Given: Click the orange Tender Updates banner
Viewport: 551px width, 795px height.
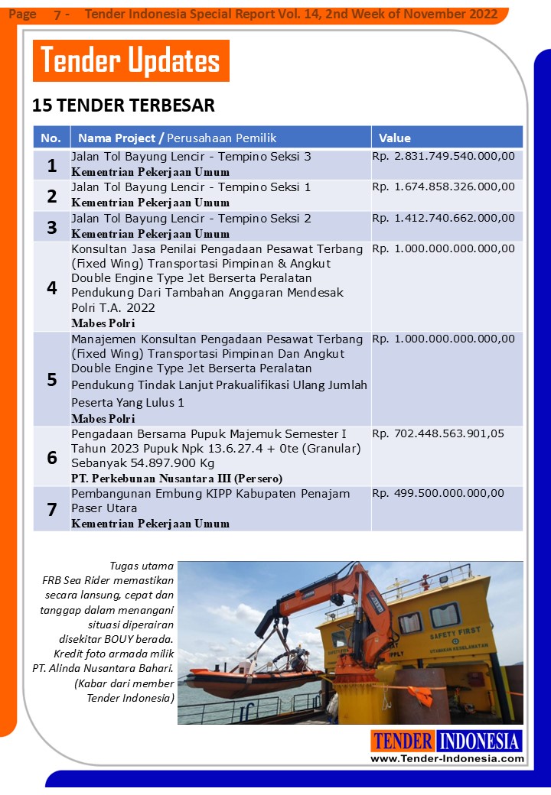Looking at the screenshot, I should pos(131,60).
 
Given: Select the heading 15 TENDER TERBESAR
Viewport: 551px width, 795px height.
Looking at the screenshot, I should pos(123,105).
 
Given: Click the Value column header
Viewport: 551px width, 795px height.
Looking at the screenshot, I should pos(395,138).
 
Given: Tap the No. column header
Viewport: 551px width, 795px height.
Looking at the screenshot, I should pos(51,138).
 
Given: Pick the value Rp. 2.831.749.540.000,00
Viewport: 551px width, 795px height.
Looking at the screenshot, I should pos(443,157).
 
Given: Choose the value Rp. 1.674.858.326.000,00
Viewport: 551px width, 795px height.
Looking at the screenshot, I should pos(443,187).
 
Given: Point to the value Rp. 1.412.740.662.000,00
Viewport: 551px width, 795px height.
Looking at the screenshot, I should pos(443,218).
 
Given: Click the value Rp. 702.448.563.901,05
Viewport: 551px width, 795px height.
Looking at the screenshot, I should pos(438,433).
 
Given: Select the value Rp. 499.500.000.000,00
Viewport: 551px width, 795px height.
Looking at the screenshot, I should pos(438,493).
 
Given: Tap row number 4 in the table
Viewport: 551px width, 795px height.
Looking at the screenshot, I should pos(51,287).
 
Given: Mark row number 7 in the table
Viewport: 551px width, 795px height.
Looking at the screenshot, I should pos(51,509).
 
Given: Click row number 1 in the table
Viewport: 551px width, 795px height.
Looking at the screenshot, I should pos(51,165).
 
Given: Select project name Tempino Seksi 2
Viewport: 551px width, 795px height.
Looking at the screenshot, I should pos(191,218).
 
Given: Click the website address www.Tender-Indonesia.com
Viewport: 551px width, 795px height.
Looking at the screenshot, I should pos(448,758).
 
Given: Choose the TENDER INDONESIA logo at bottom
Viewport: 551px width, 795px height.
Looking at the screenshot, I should pos(447,741).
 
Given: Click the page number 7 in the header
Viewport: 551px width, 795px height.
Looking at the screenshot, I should pos(58,15).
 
